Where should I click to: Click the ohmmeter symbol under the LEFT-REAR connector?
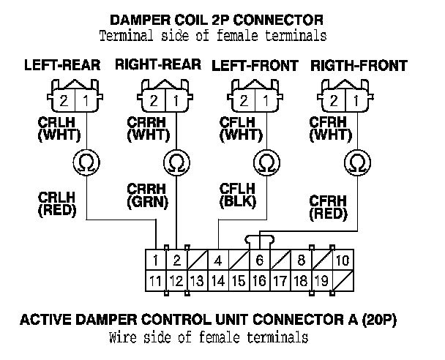(86, 162)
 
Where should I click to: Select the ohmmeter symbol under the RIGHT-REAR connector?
(176, 162)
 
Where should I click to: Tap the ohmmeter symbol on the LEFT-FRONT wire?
(266, 162)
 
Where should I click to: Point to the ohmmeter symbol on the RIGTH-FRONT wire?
(358, 162)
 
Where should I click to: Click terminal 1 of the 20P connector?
(155, 260)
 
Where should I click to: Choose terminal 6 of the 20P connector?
(260, 260)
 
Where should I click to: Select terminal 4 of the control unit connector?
(218, 260)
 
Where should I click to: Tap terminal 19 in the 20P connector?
(322, 281)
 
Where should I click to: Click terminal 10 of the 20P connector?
(343, 260)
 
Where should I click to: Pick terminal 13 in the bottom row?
(197, 281)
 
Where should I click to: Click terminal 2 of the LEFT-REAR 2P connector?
(64, 101)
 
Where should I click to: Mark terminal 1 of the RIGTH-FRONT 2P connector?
(356, 101)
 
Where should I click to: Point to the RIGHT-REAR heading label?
(158, 64)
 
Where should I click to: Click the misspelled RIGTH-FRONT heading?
(359, 66)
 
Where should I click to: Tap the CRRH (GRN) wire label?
(147, 196)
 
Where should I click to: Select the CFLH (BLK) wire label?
(238, 196)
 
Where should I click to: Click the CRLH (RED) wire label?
(57, 204)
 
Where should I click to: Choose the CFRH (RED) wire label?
(329, 208)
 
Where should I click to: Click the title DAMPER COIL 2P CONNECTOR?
(216, 20)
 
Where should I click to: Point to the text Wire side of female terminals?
(209, 337)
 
